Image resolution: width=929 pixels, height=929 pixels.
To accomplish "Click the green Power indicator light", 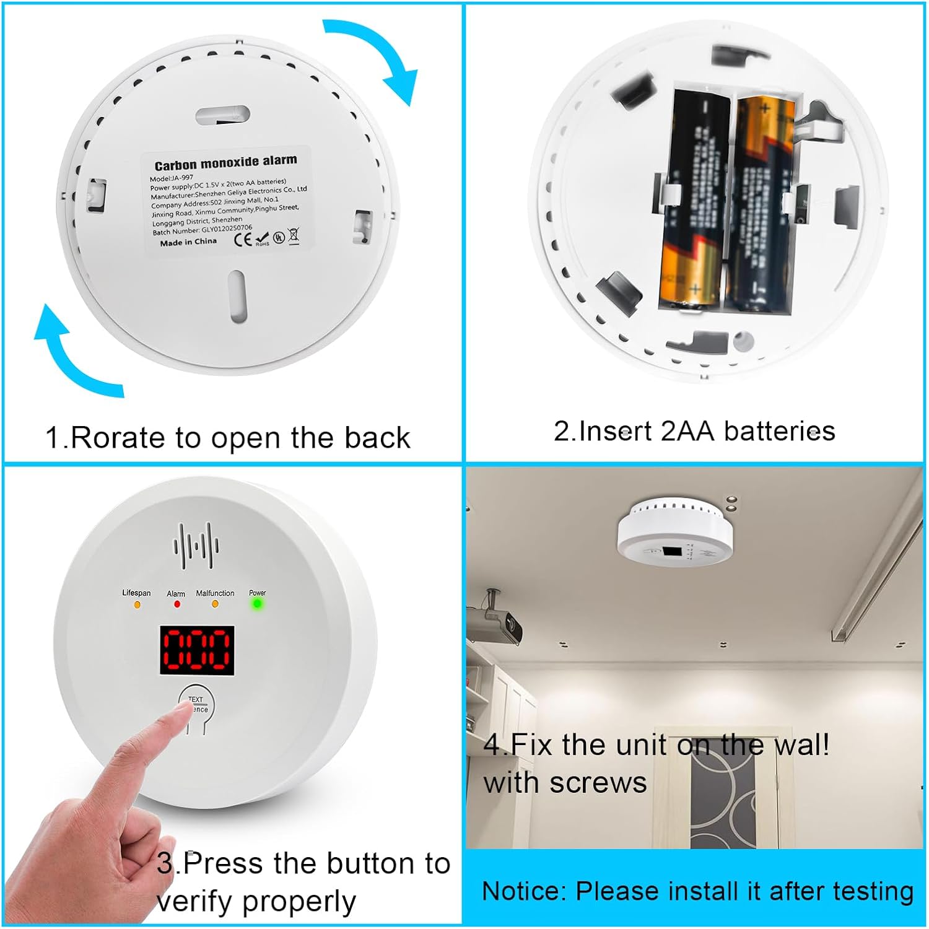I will pos(256,603).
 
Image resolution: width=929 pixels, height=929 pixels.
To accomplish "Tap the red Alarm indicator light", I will pos(177,604).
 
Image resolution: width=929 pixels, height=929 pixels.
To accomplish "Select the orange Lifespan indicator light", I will pos(137,604).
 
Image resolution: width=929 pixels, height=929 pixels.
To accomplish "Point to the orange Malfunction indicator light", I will pos(215,604).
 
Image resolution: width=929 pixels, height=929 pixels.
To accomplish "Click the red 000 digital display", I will pos(197,650).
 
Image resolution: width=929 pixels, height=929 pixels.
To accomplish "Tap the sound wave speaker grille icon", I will pos(196,546).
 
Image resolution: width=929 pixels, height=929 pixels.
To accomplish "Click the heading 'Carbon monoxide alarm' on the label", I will pos(225,163).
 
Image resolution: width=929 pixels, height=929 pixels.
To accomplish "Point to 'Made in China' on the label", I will pos(188,242).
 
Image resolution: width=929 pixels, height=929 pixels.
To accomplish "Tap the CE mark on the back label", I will pos(243,239).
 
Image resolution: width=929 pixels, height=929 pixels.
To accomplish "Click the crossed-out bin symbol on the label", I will pos(294,235).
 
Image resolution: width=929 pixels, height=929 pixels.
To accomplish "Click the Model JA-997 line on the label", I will pos(172,178).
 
